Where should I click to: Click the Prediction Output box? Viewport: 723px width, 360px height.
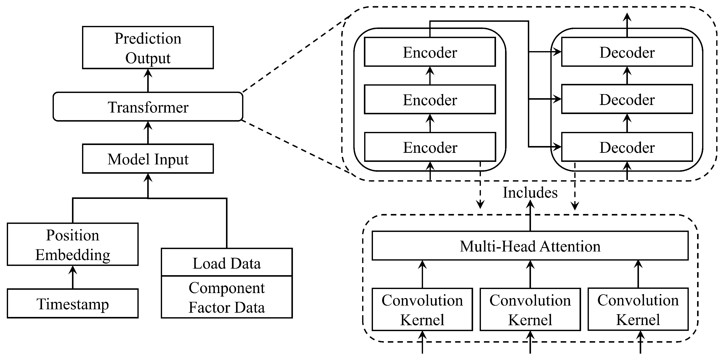pyautogui.click(x=148, y=48)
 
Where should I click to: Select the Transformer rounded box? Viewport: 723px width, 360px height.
pyautogui.click(x=148, y=107)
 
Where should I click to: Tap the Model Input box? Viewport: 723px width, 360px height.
pyautogui.click(x=148, y=159)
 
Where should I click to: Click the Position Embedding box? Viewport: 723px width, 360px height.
pyautogui.click(x=72, y=244)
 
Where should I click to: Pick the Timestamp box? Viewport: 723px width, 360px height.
pyautogui.click(x=72, y=304)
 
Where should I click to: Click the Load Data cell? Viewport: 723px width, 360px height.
pyautogui.click(x=226, y=263)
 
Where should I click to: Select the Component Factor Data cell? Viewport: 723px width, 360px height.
pyautogui.click(x=226, y=297)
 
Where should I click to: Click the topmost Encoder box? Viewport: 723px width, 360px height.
pyautogui.click(x=430, y=52)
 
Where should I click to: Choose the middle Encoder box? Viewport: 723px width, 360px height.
pyautogui.click(x=430, y=100)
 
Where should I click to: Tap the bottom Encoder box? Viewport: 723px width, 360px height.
pyautogui.click(x=430, y=147)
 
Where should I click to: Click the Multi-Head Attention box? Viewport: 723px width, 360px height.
pyautogui.click(x=530, y=246)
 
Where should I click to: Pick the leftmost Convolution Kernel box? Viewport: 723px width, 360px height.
pyautogui.click(x=422, y=309)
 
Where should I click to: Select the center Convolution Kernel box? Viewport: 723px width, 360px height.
pyautogui.click(x=530, y=309)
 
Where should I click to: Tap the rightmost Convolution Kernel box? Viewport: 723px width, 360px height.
pyautogui.click(x=638, y=309)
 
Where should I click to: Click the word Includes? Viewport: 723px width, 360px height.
pyautogui.click(x=530, y=193)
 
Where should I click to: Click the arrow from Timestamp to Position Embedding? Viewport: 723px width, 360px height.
pyautogui.click(x=73, y=277)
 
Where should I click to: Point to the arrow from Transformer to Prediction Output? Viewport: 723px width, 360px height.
pyautogui.click(x=148, y=81)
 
